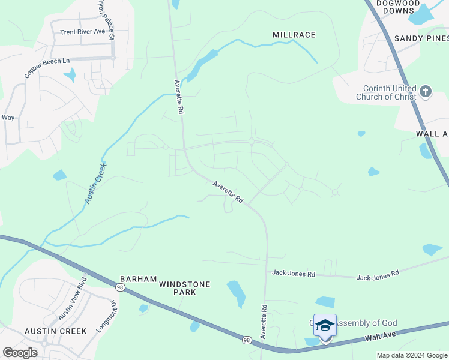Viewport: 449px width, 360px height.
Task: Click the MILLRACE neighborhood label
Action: click(x=294, y=35)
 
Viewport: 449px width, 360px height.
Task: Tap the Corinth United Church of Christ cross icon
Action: click(x=426, y=92)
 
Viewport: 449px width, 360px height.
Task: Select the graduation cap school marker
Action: click(x=325, y=326)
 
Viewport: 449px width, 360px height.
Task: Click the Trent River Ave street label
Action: click(x=78, y=32)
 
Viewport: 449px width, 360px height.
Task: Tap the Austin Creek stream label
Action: click(x=95, y=184)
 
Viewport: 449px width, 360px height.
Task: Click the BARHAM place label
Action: click(x=138, y=280)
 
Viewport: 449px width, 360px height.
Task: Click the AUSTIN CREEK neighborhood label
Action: click(x=56, y=331)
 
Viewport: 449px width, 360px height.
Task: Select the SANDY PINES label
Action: click(x=421, y=38)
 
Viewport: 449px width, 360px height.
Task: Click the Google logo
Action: click(x=20, y=352)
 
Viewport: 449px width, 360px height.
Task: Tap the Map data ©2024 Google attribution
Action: click(x=411, y=355)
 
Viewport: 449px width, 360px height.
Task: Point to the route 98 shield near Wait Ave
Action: click(x=247, y=340)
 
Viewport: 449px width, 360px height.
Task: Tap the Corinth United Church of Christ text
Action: click(x=384, y=92)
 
